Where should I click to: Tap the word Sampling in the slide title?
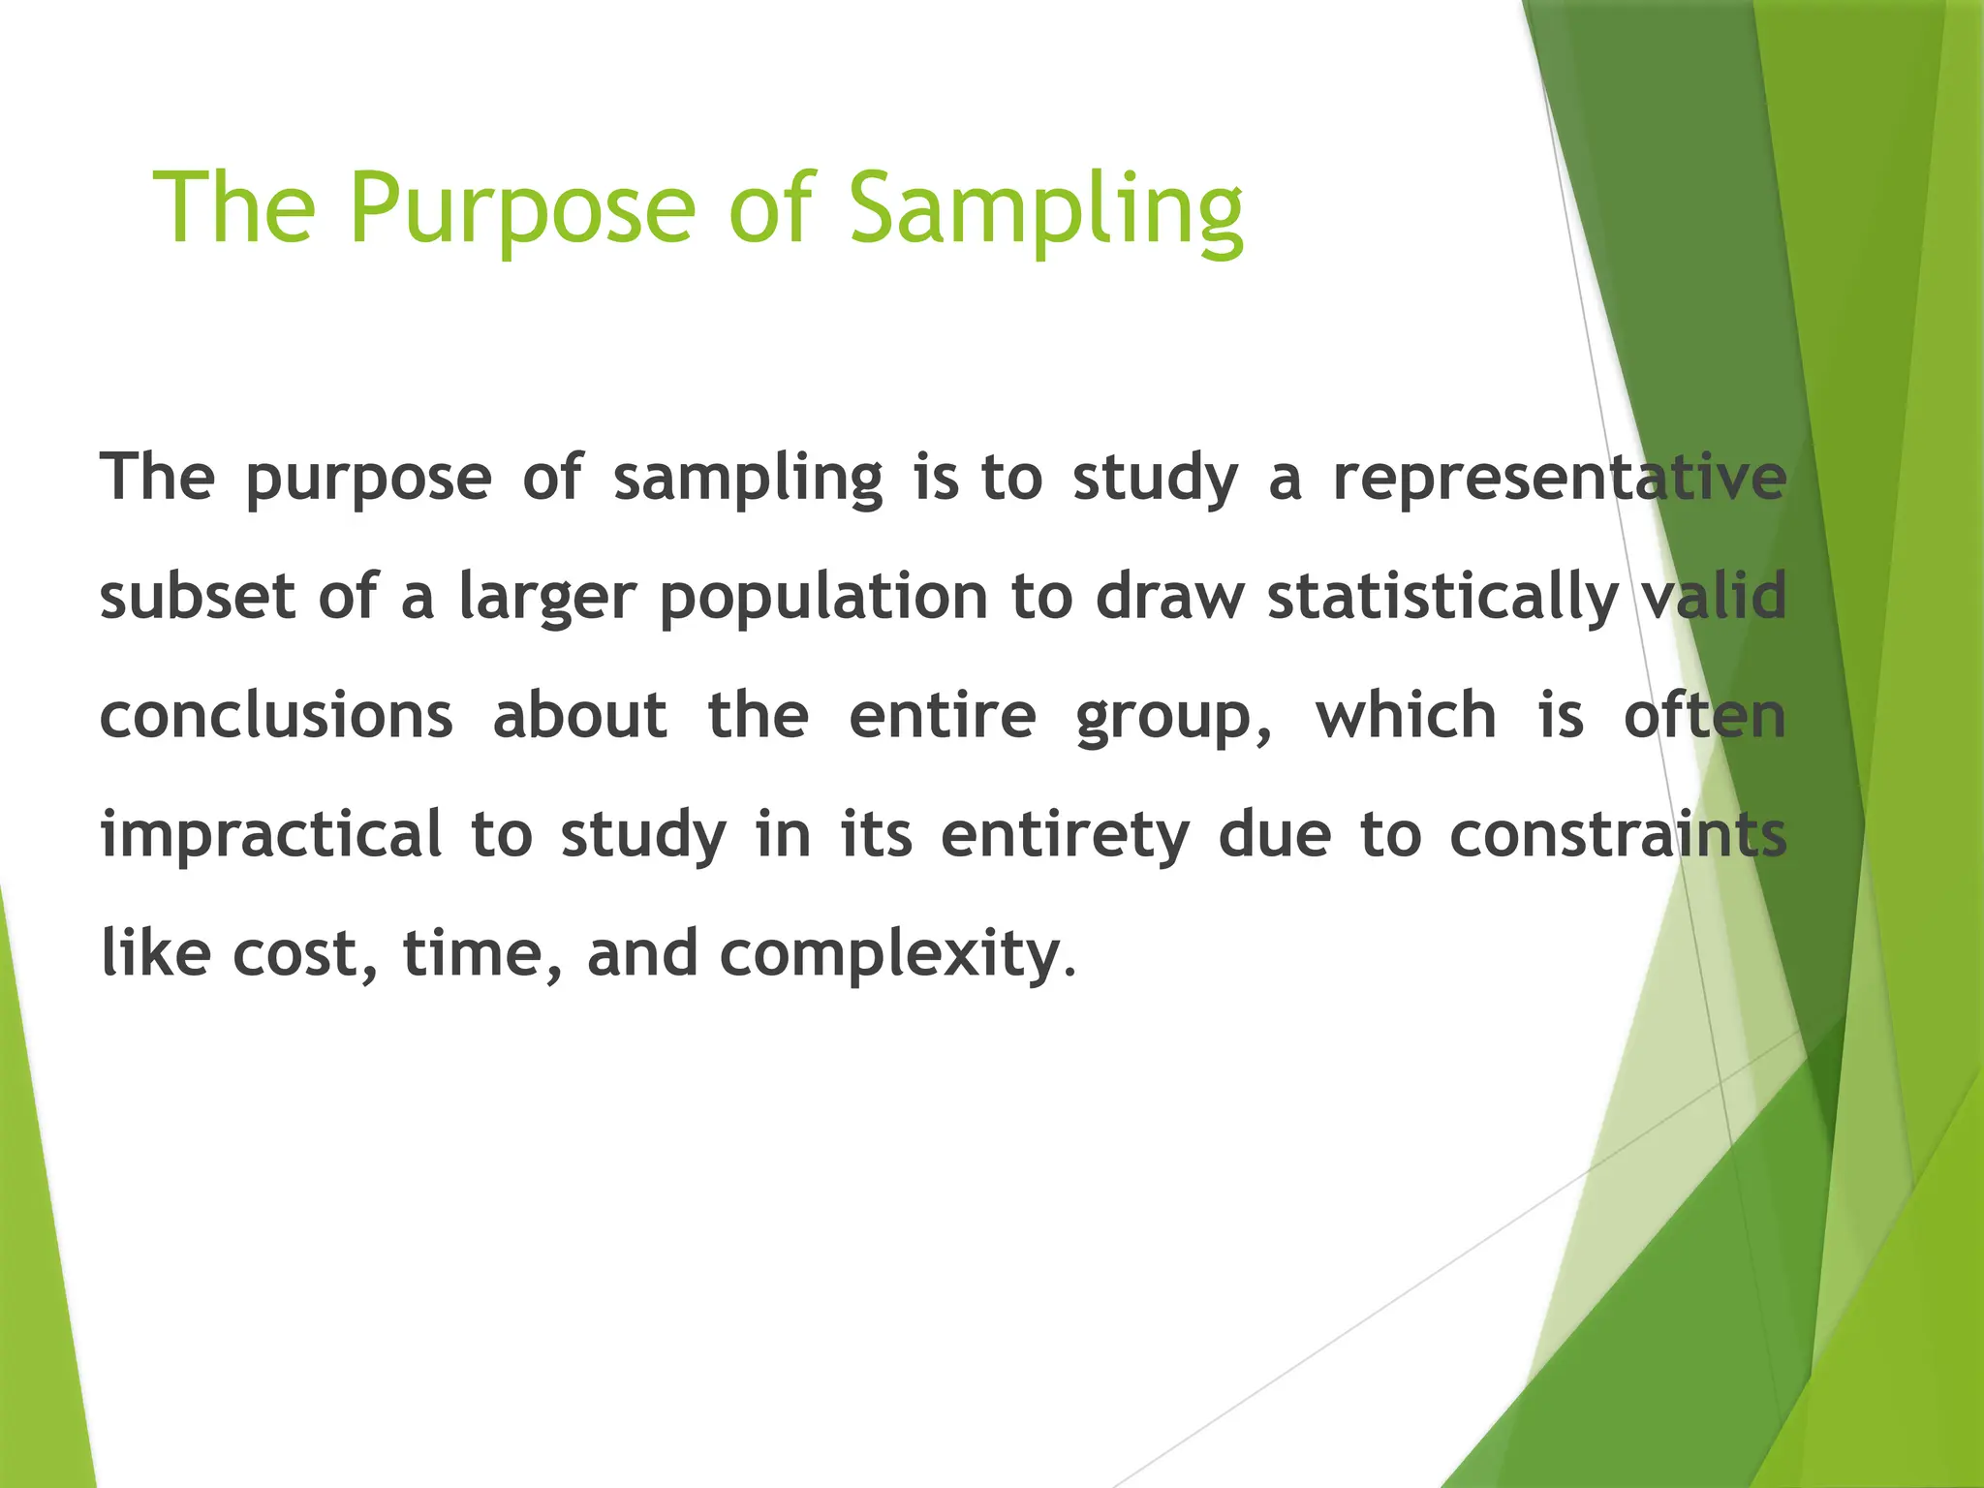(1045, 208)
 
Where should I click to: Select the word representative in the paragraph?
(1560, 477)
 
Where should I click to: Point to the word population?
(823, 597)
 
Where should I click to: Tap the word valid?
(1716, 595)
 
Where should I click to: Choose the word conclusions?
(277, 716)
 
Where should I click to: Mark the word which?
(1406, 715)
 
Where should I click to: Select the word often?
(1705, 715)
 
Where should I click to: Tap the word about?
(580, 715)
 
